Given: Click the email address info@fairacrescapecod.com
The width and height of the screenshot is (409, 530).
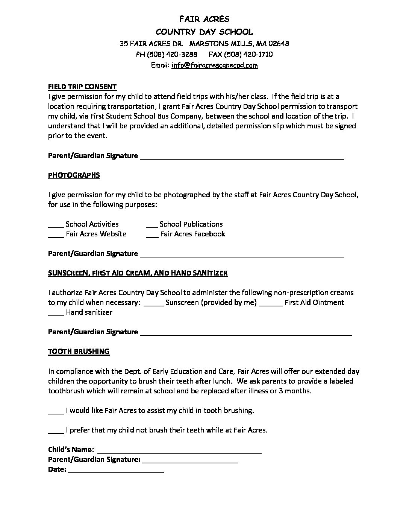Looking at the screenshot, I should coord(215,65).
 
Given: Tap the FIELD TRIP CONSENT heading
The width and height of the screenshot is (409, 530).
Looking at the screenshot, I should coord(82,87).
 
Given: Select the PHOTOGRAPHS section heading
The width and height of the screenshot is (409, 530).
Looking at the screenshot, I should coord(74,175).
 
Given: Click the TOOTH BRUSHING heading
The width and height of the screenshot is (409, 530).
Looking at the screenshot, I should coord(79,351).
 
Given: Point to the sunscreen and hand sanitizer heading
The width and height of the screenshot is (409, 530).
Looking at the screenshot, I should coord(138,273).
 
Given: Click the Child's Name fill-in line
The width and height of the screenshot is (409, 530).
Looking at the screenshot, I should coord(179,451).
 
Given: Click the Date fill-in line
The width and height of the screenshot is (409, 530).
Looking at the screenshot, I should coord(116,471).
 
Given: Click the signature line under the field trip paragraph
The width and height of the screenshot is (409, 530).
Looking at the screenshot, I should coord(242,157).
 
